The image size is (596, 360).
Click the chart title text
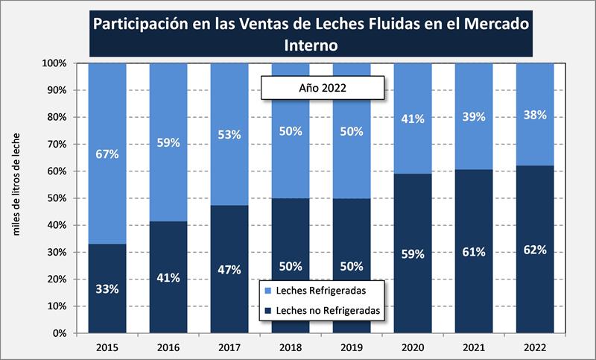311,34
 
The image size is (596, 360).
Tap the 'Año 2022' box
322,87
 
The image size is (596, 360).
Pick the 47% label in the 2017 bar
229,270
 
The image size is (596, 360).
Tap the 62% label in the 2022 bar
535,250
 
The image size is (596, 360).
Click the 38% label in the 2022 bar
535,115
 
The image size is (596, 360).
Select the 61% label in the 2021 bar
474,252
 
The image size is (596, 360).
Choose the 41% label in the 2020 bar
413,119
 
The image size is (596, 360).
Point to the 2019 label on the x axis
352,347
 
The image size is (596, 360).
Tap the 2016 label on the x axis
168,347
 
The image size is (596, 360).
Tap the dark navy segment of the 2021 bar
474,298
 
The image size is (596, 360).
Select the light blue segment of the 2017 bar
229,97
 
